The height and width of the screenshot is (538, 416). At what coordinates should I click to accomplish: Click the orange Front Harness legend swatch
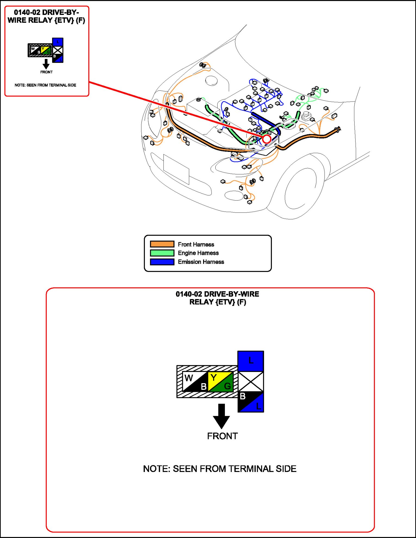[162, 244]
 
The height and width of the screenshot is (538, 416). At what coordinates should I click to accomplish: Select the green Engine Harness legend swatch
[162, 253]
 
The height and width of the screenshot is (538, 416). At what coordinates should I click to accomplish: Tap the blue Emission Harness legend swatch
[162, 262]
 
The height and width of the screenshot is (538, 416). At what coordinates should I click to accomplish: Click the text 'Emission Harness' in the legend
[201, 262]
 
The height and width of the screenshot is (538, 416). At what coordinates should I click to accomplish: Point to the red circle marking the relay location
[266, 139]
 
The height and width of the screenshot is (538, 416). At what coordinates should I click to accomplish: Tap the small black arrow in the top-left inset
[46, 64]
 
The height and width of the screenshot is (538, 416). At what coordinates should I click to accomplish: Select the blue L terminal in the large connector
[251, 361]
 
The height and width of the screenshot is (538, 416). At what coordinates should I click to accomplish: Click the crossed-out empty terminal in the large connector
[251, 381]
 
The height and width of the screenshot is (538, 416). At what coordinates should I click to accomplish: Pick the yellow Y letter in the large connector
[214, 377]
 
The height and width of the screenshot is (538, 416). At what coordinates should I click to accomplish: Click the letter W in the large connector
[189, 378]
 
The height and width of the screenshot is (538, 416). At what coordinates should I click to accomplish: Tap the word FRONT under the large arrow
[222, 436]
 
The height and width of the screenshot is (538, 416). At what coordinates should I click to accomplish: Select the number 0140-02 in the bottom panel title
[189, 294]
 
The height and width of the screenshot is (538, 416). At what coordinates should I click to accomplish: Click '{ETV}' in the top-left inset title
[64, 20]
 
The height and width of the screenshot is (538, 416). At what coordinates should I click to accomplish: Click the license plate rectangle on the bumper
[176, 169]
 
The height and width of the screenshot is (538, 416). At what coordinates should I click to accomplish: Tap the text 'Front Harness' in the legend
[196, 244]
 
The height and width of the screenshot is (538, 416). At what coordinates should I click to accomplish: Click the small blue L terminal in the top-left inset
[58, 42]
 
